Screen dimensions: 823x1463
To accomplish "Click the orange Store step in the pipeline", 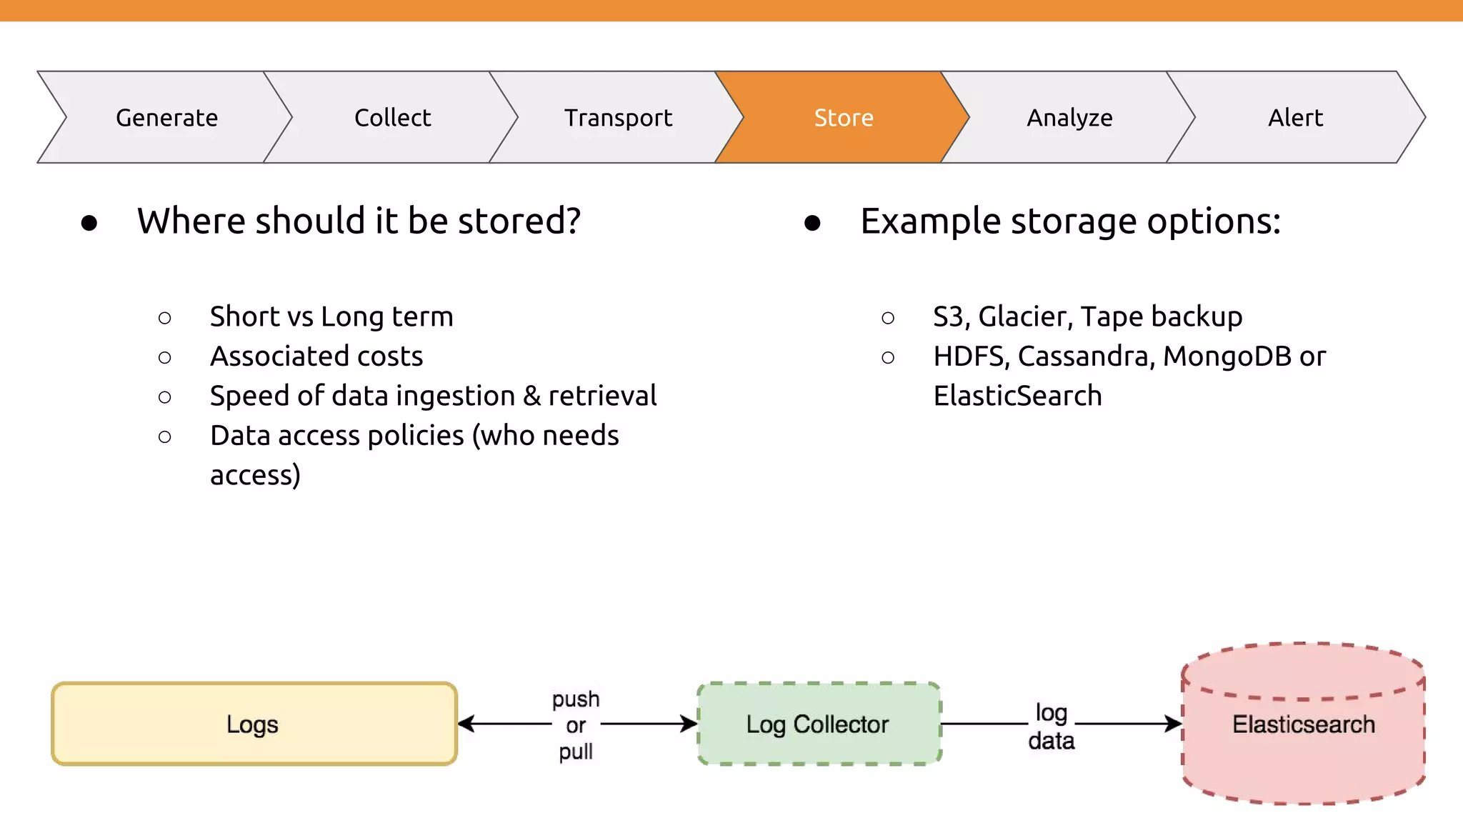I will coord(843,118).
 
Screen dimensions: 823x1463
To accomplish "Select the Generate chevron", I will coord(166,118).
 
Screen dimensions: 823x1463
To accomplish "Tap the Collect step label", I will coord(392,118).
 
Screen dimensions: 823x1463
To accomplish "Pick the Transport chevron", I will coord(618,118).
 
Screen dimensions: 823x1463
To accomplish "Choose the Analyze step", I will coord(1069,118).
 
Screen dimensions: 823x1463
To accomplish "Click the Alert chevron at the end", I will coord(1295,118).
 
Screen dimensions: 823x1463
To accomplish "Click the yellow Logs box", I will coord(254,724).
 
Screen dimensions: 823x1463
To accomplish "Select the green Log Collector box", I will coord(818,724).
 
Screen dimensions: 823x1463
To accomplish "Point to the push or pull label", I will coord(576,724).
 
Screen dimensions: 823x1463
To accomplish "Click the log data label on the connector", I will coord(1051,726).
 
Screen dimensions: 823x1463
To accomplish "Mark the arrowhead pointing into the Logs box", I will coord(466,724).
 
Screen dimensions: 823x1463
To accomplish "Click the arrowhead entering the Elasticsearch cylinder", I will coord(1173,724).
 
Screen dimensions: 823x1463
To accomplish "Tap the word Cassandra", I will coord(1086,356).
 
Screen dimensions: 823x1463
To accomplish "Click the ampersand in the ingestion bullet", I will coord(531,396).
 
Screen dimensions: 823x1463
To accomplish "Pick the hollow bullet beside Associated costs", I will coord(165,357).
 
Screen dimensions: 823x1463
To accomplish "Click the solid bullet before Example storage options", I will coord(812,223).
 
